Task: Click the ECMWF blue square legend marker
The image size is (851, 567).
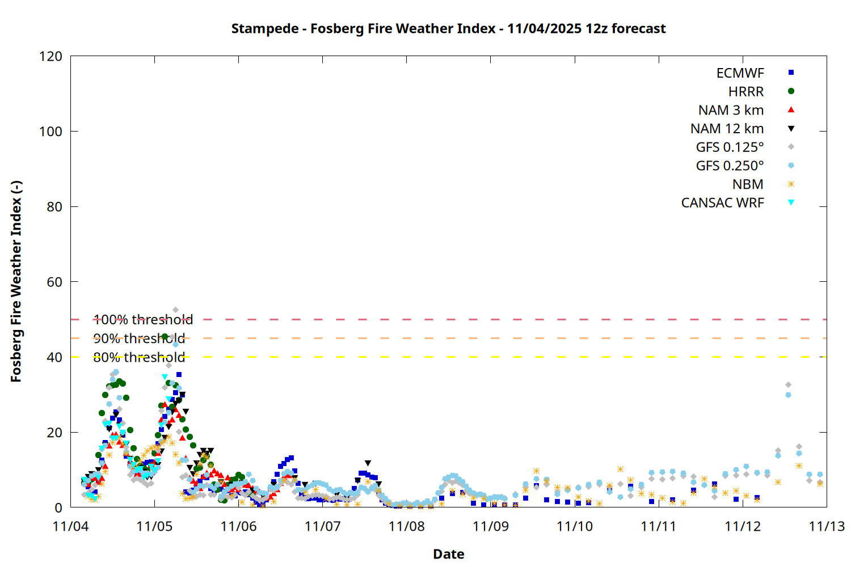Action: click(791, 73)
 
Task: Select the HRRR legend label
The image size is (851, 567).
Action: click(746, 92)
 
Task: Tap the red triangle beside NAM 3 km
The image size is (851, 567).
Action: click(791, 109)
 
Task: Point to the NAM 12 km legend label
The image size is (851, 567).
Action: click(727, 129)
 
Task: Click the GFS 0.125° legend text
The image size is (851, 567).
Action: click(730, 147)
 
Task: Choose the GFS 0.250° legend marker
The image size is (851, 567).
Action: click(791, 166)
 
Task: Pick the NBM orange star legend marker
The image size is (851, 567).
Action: click(791, 184)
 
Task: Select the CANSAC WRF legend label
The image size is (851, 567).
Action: click(722, 203)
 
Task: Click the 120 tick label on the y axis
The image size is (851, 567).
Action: click(51, 56)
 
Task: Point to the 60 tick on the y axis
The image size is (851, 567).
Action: click(54, 282)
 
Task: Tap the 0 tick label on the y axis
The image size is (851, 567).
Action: click(58, 507)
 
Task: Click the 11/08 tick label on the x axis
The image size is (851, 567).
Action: click(407, 526)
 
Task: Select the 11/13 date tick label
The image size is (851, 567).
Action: click(827, 526)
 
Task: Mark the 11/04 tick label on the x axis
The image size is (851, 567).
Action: click(70, 526)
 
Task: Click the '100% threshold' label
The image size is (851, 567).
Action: click(143, 320)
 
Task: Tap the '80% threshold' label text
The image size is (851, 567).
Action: click(139, 357)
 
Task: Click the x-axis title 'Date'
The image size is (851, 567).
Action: click(448, 554)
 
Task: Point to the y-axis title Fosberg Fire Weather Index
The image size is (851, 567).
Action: click(16, 282)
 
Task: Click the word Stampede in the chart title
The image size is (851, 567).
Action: click(264, 28)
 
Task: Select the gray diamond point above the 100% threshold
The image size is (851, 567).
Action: click(175, 310)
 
